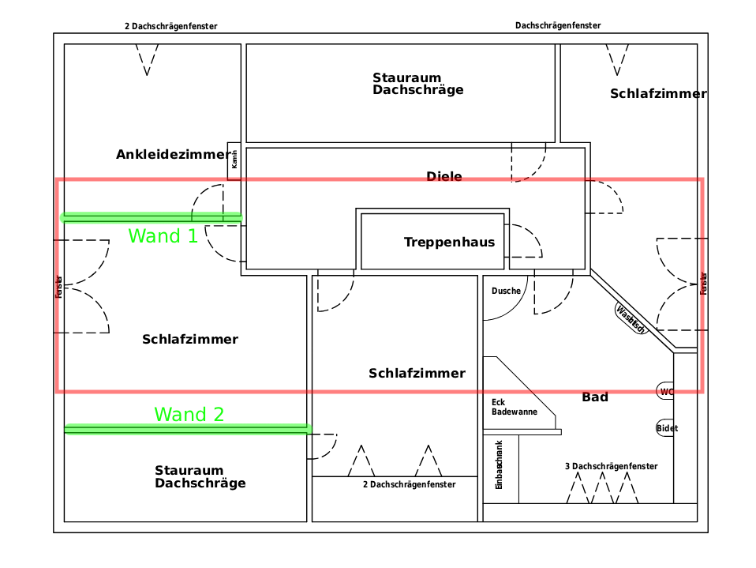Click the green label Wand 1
tap(163, 235)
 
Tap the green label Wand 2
tap(189, 414)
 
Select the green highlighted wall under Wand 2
tap(188, 429)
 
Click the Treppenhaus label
tap(449, 242)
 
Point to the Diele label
tap(443, 176)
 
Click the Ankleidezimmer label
tap(173, 154)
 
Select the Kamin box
tap(234, 161)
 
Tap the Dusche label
tap(506, 291)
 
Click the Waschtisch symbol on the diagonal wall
tap(631, 318)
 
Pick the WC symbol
tap(666, 391)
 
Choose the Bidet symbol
tap(666, 428)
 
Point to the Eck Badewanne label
tap(514, 407)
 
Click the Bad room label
tap(595, 397)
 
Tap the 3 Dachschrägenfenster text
tap(611, 466)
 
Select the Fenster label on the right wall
tap(703, 284)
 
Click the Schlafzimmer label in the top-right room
tap(657, 94)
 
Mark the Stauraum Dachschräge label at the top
tap(417, 84)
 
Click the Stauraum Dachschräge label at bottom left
tap(200, 477)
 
